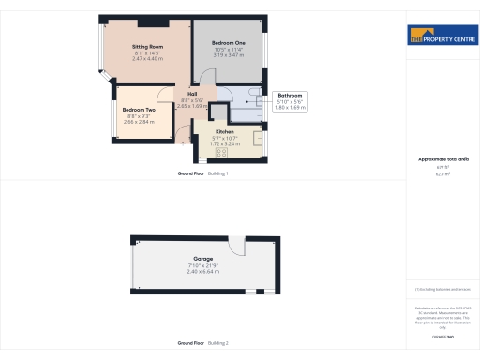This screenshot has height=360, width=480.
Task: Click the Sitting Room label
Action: tap(148, 46)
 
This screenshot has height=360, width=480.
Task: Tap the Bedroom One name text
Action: tap(228, 43)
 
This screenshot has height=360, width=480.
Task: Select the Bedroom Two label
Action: tap(138, 110)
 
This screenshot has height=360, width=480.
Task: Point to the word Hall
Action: tap(192, 94)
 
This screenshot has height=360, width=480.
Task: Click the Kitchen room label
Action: tap(224, 131)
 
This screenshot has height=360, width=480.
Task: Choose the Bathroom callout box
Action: tap(290, 101)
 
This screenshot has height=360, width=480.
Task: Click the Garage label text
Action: tap(203, 258)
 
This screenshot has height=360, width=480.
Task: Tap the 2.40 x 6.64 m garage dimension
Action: tap(203, 270)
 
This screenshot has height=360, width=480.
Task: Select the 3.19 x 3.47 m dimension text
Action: tap(228, 55)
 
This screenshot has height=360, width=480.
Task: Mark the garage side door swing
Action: tap(237, 246)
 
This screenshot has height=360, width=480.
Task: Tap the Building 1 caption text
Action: tap(217, 174)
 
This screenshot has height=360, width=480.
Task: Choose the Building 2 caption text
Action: tap(217, 343)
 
